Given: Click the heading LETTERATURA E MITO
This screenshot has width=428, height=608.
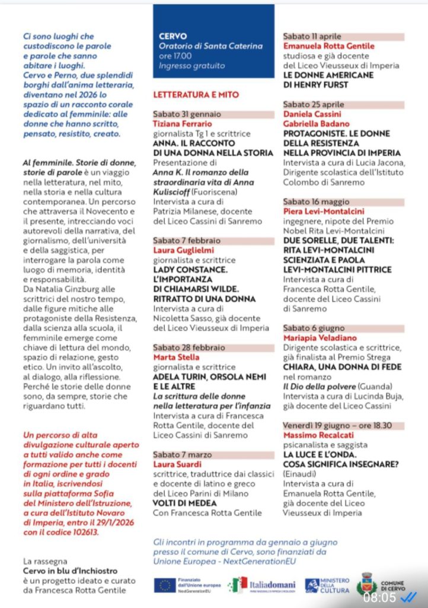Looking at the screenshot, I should point(196,94).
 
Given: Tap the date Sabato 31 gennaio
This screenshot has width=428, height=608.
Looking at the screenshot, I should point(187,114).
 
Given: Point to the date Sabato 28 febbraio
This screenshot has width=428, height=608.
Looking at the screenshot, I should point(189,347).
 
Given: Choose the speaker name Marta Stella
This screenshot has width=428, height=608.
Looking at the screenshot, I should point(177,357).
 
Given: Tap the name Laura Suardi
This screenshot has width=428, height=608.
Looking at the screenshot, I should point(178,464).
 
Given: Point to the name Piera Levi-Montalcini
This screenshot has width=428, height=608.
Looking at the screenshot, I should point(324,211).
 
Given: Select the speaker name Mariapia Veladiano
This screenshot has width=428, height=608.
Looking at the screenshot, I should point(320,337).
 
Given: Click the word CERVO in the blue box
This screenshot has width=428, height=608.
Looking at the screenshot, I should point(173,36).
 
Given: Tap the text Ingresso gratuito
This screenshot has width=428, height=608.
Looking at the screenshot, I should point(192,66).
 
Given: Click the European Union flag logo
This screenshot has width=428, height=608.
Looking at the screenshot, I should point(164,585).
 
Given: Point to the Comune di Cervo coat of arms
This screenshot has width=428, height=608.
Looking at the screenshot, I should point(367,585).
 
